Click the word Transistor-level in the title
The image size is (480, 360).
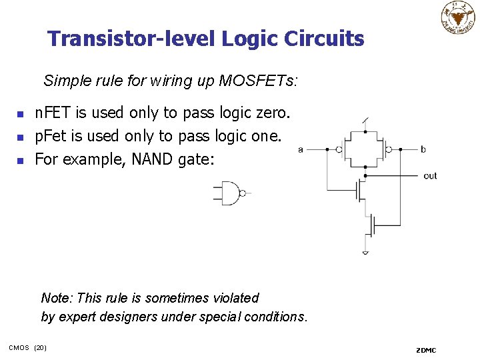pos(131,39)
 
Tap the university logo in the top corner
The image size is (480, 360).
pos(458,17)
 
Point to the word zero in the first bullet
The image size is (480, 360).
pos(271,113)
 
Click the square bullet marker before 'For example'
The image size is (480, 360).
pos(21,161)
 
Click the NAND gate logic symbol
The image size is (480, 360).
pos(231,193)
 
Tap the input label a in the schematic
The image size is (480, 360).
pos(301,149)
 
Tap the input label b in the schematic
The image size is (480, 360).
pos(423,149)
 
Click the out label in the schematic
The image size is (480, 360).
pos(430,176)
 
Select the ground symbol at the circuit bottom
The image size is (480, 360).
pos(365,252)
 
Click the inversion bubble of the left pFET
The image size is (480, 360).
pos(339,149)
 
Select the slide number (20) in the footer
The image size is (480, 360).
pos(40,348)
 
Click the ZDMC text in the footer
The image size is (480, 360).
pos(425,350)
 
